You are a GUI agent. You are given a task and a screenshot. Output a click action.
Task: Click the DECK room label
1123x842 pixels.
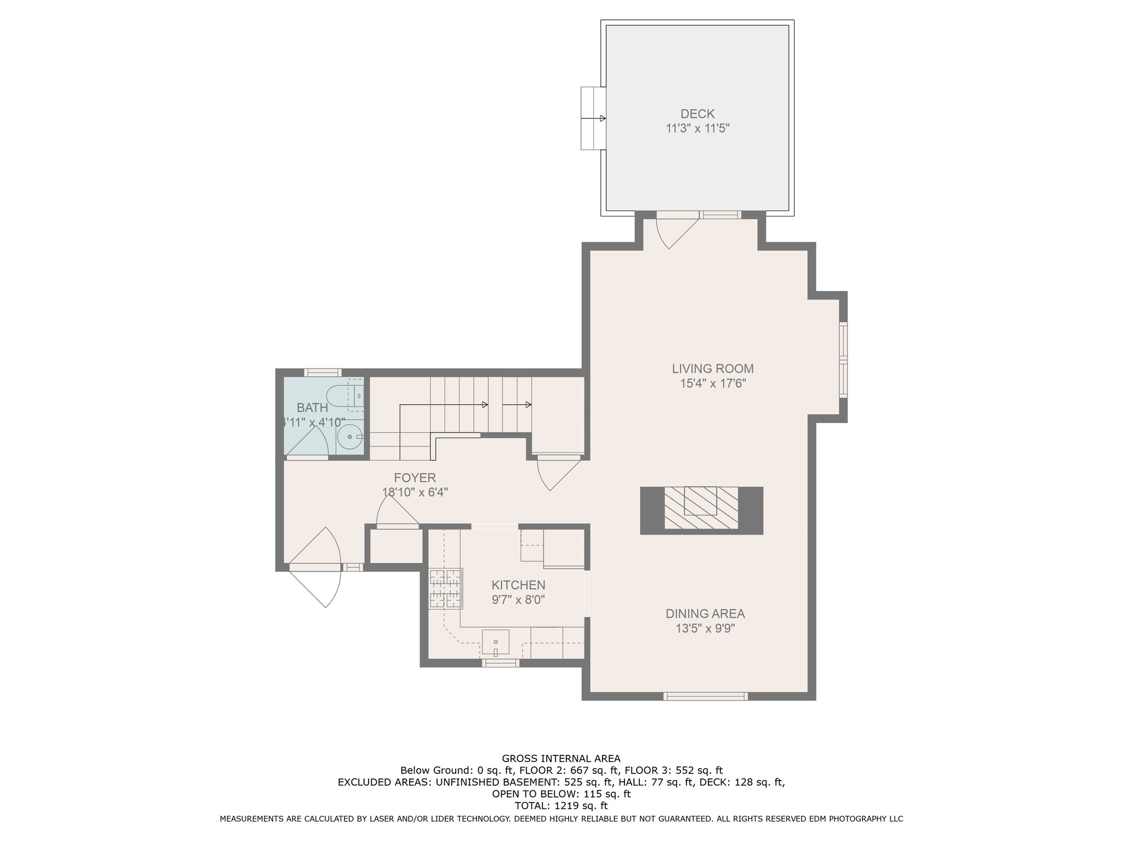click(697, 114)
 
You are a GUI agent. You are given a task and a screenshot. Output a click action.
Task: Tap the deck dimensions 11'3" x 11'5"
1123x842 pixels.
click(697, 129)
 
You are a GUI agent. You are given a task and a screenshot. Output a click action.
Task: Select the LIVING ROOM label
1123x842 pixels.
click(713, 369)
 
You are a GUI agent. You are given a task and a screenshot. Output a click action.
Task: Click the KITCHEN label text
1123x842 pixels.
click(518, 585)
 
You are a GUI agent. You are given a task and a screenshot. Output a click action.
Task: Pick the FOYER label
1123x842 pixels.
click(415, 478)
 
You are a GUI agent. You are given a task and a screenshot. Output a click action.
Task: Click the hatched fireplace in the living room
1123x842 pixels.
click(701, 508)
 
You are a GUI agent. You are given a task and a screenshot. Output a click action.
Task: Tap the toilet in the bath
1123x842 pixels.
click(340, 395)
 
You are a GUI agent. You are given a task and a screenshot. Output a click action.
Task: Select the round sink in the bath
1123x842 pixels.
click(349, 437)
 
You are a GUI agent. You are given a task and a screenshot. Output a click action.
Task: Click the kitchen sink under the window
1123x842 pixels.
click(495, 642)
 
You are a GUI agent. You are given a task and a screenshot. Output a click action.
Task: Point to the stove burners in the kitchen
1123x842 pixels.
click(446, 589)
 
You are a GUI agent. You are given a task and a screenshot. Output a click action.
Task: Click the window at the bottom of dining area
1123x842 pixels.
click(705, 696)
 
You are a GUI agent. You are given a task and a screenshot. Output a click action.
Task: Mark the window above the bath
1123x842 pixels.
click(323, 372)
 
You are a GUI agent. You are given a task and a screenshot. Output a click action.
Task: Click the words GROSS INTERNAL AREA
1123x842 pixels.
click(561, 759)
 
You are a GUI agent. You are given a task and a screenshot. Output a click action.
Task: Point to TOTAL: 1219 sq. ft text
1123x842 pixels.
click(561, 806)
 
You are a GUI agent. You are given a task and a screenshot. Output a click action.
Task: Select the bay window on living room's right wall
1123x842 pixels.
click(843, 360)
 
